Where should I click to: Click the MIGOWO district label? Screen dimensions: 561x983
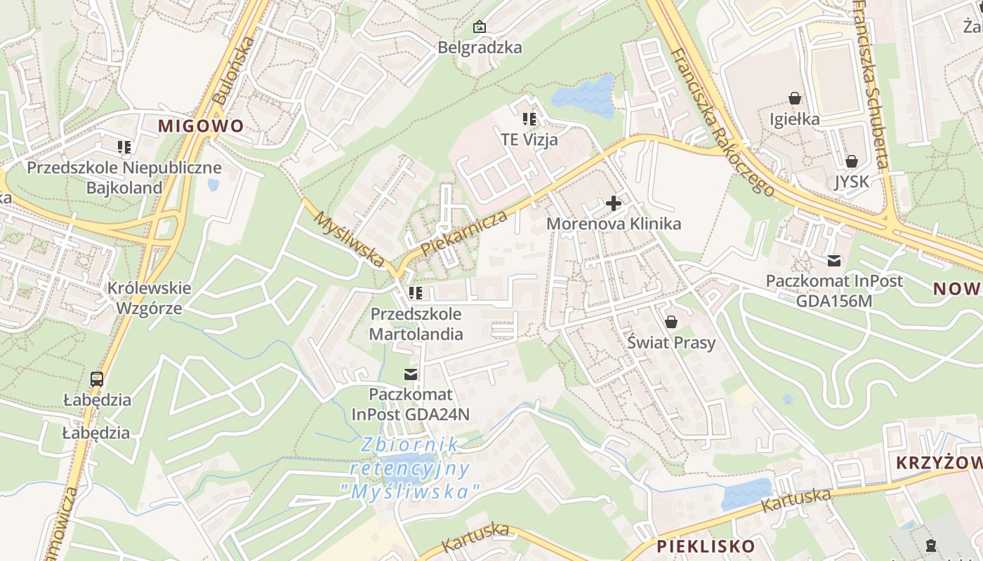pyautogui.click(x=201, y=126)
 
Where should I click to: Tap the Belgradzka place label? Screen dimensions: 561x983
pyautogui.click(x=480, y=48)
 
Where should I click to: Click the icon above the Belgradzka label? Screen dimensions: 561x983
pyautogui.click(x=480, y=27)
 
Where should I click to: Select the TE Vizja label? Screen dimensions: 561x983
pyautogui.click(x=529, y=140)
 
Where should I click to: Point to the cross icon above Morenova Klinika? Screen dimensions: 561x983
pyautogui.click(x=614, y=204)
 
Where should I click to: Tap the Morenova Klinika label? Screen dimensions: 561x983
pyautogui.click(x=614, y=224)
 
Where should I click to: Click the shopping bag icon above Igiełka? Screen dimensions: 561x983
pyautogui.click(x=795, y=98)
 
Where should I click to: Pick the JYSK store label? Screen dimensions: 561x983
pyautogui.click(x=851, y=182)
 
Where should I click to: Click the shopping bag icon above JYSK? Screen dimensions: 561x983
pyautogui.click(x=851, y=161)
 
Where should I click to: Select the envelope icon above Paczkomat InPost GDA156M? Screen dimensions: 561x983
pyautogui.click(x=834, y=261)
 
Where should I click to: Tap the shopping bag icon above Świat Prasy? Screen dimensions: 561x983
pyautogui.click(x=671, y=322)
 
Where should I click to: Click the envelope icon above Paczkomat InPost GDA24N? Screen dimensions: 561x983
pyautogui.click(x=411, y=374)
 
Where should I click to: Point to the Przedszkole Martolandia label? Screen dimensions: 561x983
pyautogui.click(x=416, y=324)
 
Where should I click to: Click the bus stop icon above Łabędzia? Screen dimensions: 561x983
pyautogui.click(x=97, y=379)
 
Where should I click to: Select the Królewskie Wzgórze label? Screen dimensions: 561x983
pyautogui.click(x=149, y=298)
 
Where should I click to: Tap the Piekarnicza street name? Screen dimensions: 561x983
pyautogui.click(x=464, y=234)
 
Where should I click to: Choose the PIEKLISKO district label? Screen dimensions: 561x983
pyautogui.click(x=706, y=546)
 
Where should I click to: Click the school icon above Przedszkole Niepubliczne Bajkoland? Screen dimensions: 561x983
pyautogui.click(x=124, y=147)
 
